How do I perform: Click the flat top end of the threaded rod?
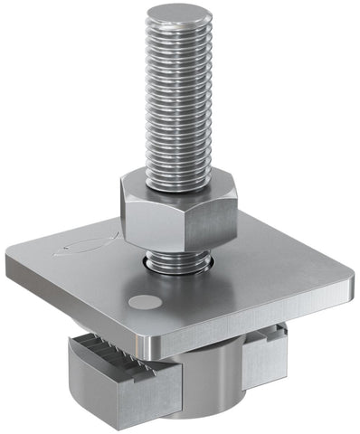tap(180, 14)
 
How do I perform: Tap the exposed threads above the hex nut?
tap(180, 99)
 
